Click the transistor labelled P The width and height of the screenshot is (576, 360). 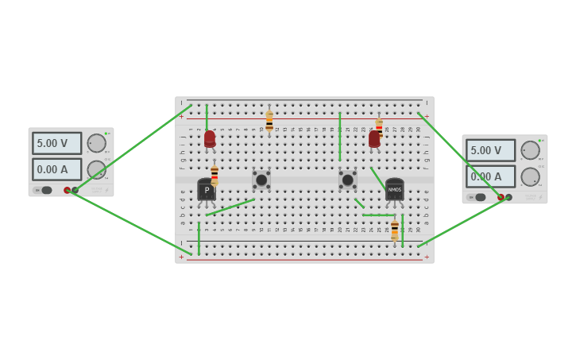[207, 190]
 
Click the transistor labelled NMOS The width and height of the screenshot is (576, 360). [394, 189]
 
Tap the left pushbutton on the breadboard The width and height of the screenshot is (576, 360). [261, 180]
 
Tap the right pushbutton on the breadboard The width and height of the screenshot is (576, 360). [347, 180]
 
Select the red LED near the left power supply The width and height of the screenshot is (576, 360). [210, 139]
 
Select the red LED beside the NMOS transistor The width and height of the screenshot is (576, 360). [374, 139]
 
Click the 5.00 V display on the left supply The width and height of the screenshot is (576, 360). [56, 143]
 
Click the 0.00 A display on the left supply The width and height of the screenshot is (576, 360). [56, 169]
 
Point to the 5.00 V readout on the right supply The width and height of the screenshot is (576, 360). [490, 150]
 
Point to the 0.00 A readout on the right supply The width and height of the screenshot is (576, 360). [490, 176]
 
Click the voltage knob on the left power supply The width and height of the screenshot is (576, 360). [96, 143]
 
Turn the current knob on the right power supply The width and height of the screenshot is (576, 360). [530, 176]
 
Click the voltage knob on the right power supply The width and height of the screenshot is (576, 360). [530, 150]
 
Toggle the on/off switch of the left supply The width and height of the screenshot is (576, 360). [47, 190]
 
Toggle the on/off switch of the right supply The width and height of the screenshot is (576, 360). [481, 197]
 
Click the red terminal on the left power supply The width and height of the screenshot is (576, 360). [68, 190]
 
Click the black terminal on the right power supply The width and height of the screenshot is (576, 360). [508, 197]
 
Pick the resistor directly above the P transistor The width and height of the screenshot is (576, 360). [215, 175]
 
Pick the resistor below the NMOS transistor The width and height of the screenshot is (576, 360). [394, 230]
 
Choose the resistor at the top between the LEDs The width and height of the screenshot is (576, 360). [269, 122]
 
